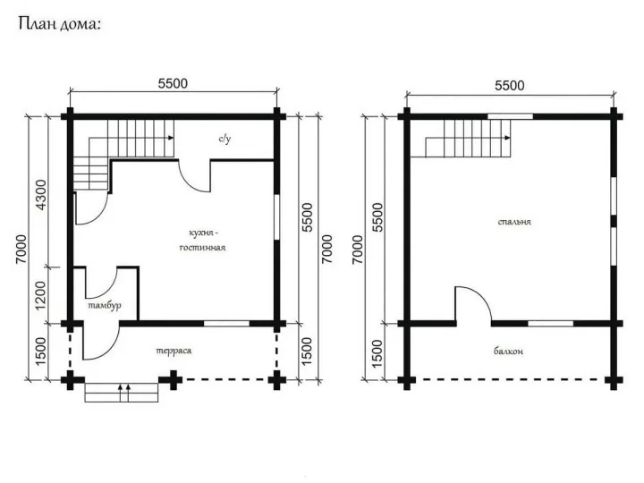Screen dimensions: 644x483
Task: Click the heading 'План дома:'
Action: tap(60, 24)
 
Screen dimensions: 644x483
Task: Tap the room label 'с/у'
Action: tap(225, 139)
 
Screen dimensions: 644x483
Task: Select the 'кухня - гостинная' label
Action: tap(203, 241)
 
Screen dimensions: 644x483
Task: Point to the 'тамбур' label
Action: tap(105, 306)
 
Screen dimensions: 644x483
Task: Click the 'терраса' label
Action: tap(174, 352)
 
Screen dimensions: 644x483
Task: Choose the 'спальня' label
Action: tap(514, 222)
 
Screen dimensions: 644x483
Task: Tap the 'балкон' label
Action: tap(508, 352)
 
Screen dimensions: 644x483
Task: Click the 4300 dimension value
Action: tap(41, 195)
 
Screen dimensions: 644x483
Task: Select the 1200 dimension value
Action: tap(41, 296)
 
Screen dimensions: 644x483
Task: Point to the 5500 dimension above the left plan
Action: tap(173, 83)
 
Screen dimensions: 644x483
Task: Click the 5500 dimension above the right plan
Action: tap(510, 86)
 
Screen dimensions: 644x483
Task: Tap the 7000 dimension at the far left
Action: tap(21, 250)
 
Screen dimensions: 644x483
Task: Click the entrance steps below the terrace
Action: tap(122, 393)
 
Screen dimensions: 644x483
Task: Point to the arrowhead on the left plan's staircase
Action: tap(171, 138)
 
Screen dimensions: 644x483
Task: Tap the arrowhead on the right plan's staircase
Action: tap(508, 138)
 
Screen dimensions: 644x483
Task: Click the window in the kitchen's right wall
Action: tap(276, 216)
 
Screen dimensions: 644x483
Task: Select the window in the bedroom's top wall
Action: tap(510, 116)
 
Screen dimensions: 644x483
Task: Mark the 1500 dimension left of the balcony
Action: tap(377, 352)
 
